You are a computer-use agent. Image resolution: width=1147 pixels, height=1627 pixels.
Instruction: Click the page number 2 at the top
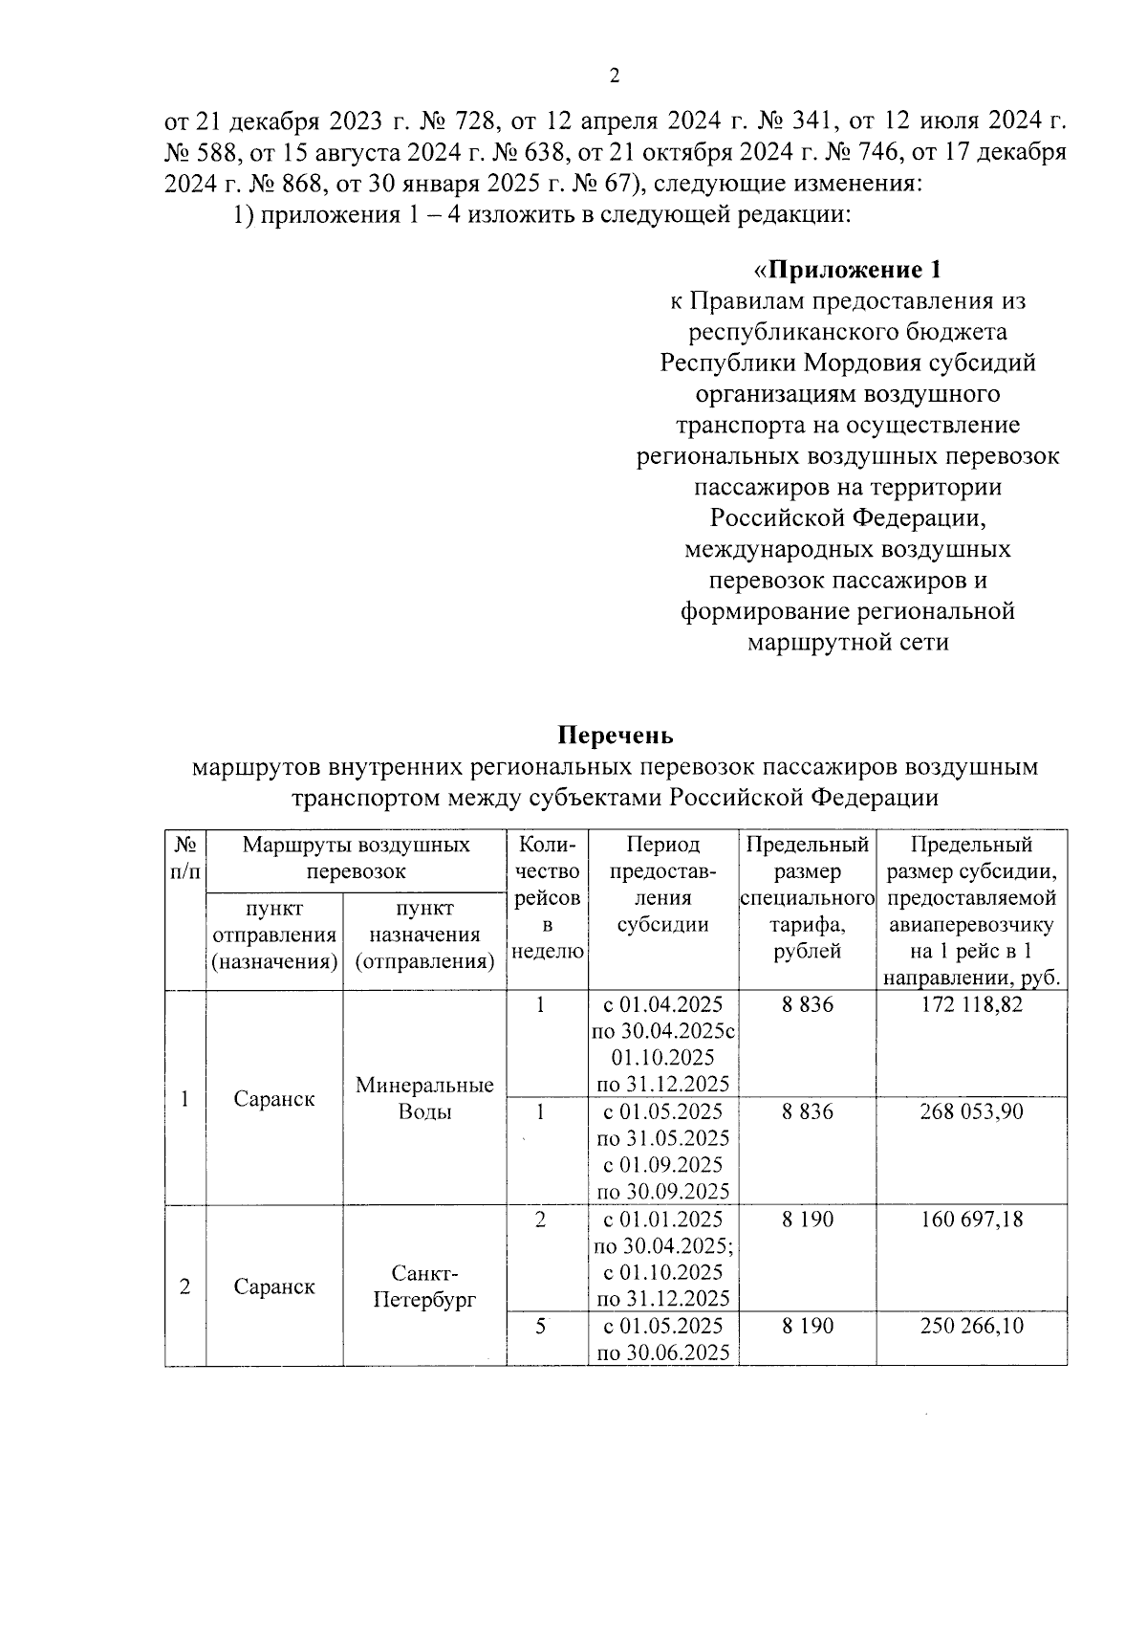(615, 77)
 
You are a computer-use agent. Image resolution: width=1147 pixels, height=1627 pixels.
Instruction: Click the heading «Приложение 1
(848, 269)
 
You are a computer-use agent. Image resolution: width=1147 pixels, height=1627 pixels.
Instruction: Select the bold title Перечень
(616, 735)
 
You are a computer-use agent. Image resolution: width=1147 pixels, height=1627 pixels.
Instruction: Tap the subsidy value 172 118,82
(971, 1005)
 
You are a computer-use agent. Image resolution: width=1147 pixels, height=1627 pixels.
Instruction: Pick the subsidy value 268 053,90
(971, 1111)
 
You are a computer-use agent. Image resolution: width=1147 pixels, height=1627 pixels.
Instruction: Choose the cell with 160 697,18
(971, 1220)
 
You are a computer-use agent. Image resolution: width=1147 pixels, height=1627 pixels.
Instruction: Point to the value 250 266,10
(971, 1326)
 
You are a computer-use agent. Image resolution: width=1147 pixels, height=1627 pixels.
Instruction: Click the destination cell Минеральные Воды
(424, 1098)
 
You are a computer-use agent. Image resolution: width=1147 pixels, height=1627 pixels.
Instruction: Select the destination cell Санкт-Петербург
(424, 1286)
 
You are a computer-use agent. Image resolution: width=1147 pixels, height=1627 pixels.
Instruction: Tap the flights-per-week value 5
(540, 1326)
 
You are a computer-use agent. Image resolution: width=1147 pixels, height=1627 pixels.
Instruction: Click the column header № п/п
(186, 858)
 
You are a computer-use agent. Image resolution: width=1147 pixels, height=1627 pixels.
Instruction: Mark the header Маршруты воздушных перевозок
(356, 858)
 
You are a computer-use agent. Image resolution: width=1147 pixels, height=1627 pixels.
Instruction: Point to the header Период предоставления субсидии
(662, 885)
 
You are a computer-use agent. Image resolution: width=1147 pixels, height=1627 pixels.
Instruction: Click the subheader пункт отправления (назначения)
(274, 934)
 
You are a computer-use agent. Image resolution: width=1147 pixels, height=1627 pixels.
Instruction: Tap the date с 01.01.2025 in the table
(662, 1220)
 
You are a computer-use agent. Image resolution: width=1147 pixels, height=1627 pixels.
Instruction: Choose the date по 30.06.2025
(662, 1352)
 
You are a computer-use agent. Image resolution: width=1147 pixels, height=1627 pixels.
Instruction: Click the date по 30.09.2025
(662, 1192)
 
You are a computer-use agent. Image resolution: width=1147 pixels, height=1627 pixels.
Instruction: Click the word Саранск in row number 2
(274, 1286)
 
